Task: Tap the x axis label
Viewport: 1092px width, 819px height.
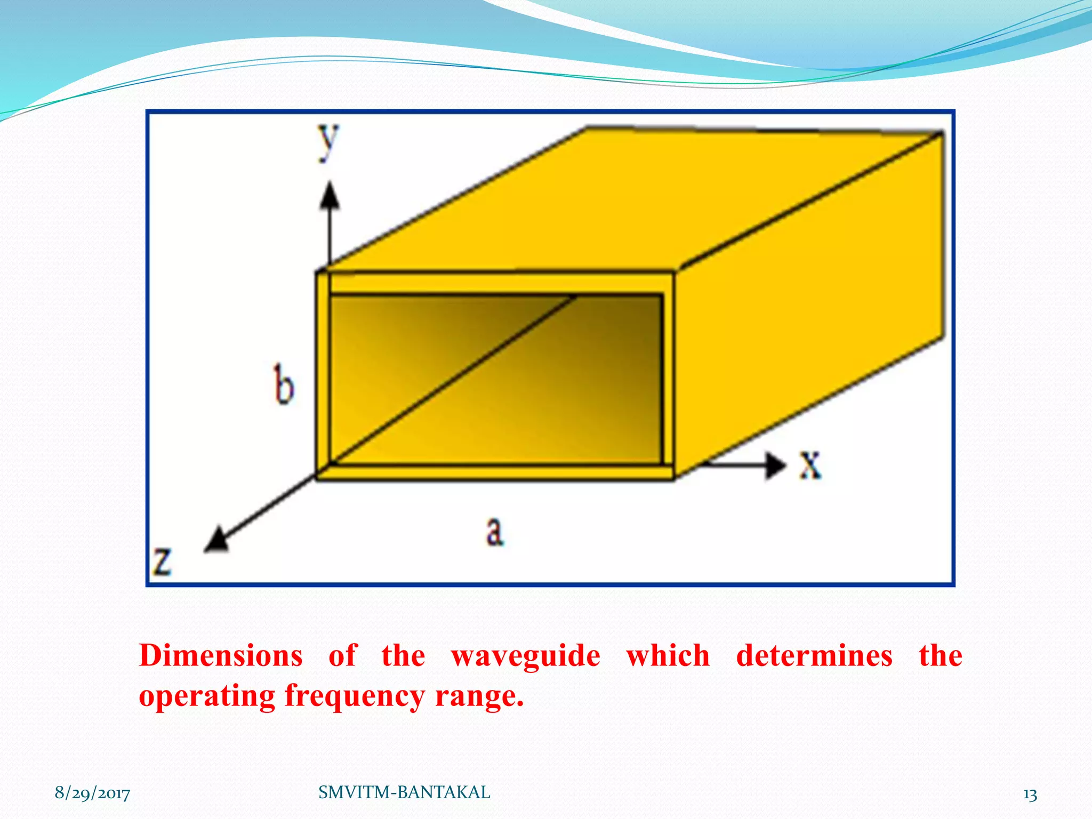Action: coord(810,465)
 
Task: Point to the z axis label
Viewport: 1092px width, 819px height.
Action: coord(162,561)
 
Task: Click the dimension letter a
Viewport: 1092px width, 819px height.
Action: coord(495,532)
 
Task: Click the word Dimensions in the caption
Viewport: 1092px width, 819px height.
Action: coord(221,655)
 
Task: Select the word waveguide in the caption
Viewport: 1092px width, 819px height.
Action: coord(525,655)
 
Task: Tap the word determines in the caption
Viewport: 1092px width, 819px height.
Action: coord(814,655)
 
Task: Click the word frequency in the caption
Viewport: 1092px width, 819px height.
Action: coord(354,696)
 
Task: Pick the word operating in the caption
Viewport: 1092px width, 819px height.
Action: coord(206,696)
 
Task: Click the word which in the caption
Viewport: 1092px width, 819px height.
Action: coord(668,655)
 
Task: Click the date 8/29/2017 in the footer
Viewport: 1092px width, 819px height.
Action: coord(92,793)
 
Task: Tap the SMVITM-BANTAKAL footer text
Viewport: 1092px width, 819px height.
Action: coord(404,792)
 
